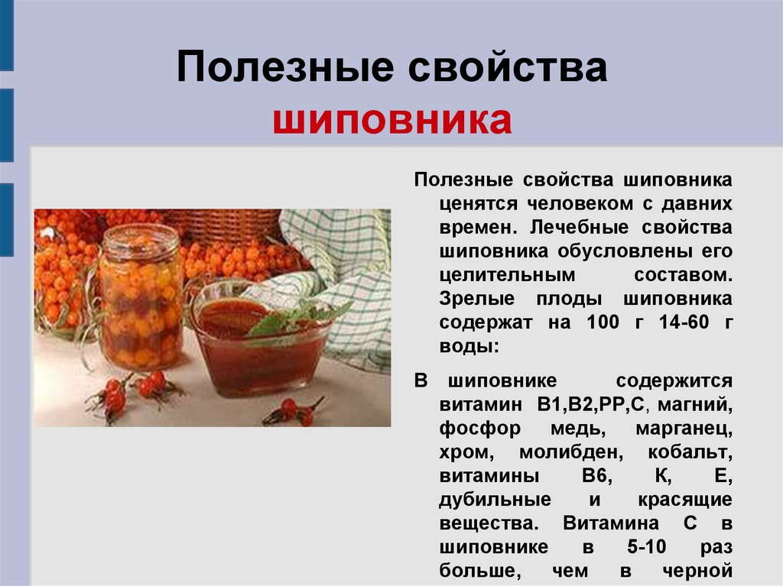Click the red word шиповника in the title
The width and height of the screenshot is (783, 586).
pos(392,120)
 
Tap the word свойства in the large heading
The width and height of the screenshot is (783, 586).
pos(508,67)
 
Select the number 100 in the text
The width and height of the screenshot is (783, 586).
pos(603,322)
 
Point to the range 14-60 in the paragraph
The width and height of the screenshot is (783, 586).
pos(684,322)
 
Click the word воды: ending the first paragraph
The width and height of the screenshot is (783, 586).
pos(469,346)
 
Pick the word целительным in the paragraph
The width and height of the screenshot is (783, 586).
pos(508,275)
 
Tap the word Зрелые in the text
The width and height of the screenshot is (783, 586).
pos(477,299)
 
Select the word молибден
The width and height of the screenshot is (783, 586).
pos(571,452)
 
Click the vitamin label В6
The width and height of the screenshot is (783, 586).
pos(596,476)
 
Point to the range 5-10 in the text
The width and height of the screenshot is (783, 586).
pos(647,546)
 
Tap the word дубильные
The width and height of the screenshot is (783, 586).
pos(495,500)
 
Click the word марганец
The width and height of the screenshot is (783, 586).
pos(684,429)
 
